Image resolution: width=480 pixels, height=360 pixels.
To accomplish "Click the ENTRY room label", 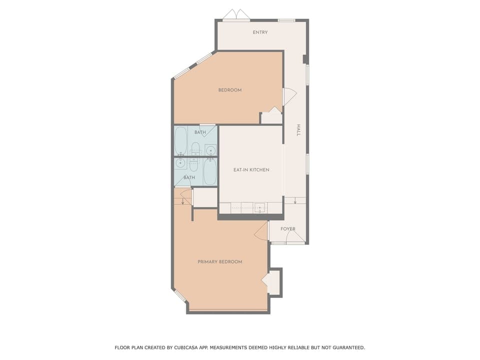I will click(260, 32).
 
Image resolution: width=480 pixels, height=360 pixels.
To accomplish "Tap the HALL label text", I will click(298, 130).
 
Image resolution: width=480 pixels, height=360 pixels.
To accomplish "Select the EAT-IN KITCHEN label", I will click(251, 170).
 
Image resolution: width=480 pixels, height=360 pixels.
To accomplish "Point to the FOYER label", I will click(287, 229).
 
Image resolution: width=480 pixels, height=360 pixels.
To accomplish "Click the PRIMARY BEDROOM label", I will click(219, 262).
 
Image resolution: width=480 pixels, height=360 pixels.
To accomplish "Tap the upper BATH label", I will click(200, 132).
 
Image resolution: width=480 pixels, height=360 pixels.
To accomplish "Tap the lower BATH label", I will click(189, 177).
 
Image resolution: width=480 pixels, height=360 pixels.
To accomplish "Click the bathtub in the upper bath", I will click(180, 141).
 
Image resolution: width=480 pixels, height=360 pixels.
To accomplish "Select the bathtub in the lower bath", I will click(210, 171).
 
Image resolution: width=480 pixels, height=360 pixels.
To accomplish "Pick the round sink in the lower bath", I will click(180, 163).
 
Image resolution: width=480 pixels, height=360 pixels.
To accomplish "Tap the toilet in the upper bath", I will click(195, 148).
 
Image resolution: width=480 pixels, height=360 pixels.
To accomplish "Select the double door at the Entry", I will click(236, 14).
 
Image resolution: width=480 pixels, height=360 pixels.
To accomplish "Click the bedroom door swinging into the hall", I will click(289, 96).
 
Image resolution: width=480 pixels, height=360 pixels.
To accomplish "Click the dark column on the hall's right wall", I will click(305, 59).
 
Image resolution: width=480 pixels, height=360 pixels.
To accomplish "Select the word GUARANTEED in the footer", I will click(346, 347).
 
